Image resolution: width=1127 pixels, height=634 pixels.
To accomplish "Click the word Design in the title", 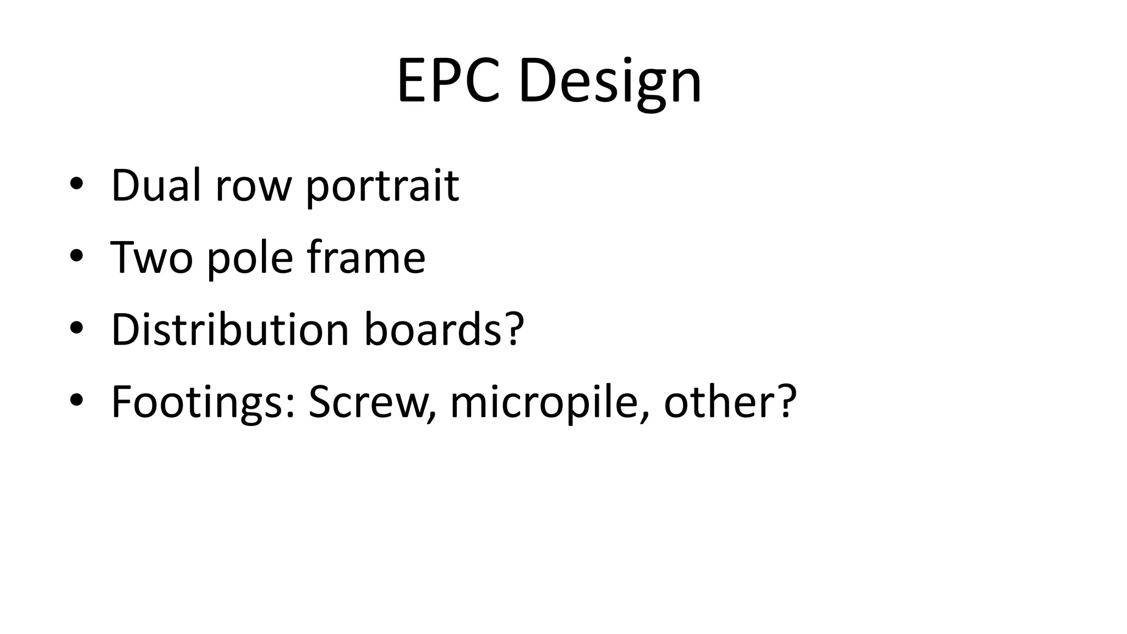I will (x=610, y=83).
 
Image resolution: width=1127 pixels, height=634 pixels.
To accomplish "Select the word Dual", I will (x=156, y=185).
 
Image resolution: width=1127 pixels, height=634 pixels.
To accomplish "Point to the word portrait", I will (x=382, y=187).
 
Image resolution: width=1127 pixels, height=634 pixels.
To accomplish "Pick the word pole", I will (x=250, y=259).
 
